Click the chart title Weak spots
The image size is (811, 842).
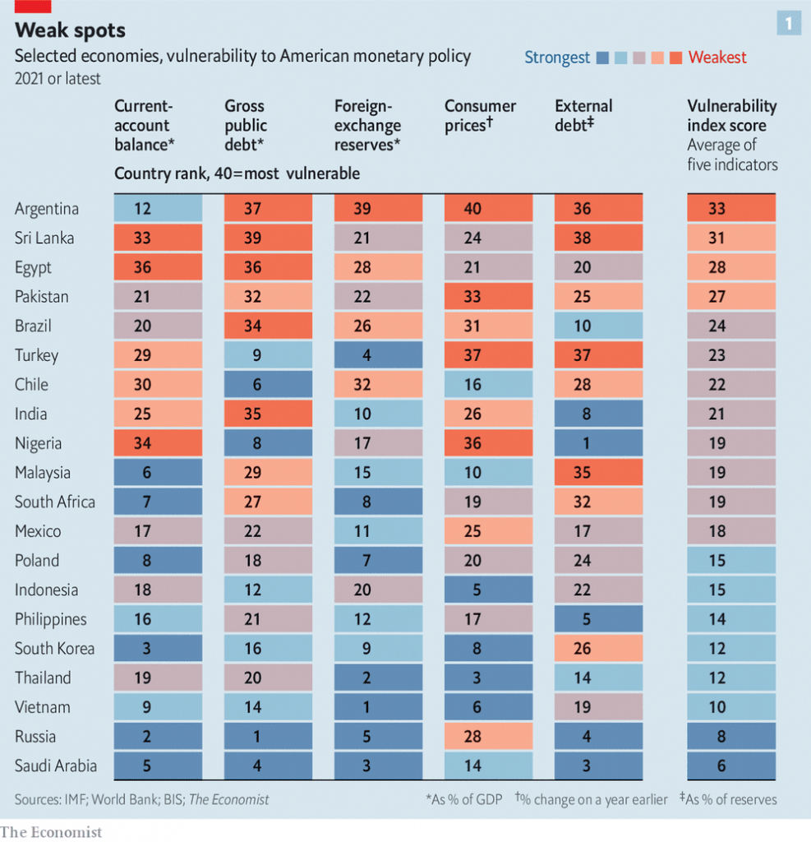[x=70, y=30]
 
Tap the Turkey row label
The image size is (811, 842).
[x=37, y=355]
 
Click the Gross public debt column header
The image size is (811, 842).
[x=246, y=125]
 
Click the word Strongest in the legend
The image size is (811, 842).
[x=557, y=58]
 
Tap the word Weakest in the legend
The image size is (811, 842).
[x=717, y=58]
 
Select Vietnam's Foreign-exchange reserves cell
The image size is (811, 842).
[x=379, y=707]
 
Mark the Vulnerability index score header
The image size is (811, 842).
[x=731, y=116]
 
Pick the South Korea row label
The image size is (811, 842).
[x=54, y=648]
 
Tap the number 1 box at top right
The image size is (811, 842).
[x=789, y=24]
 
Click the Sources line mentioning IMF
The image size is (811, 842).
[x=141, y=798]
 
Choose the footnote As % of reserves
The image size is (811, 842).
[x=724, y=799]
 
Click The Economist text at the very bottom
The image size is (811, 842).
[x=51, y=831]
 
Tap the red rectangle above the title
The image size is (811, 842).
[x=33, y=6]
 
